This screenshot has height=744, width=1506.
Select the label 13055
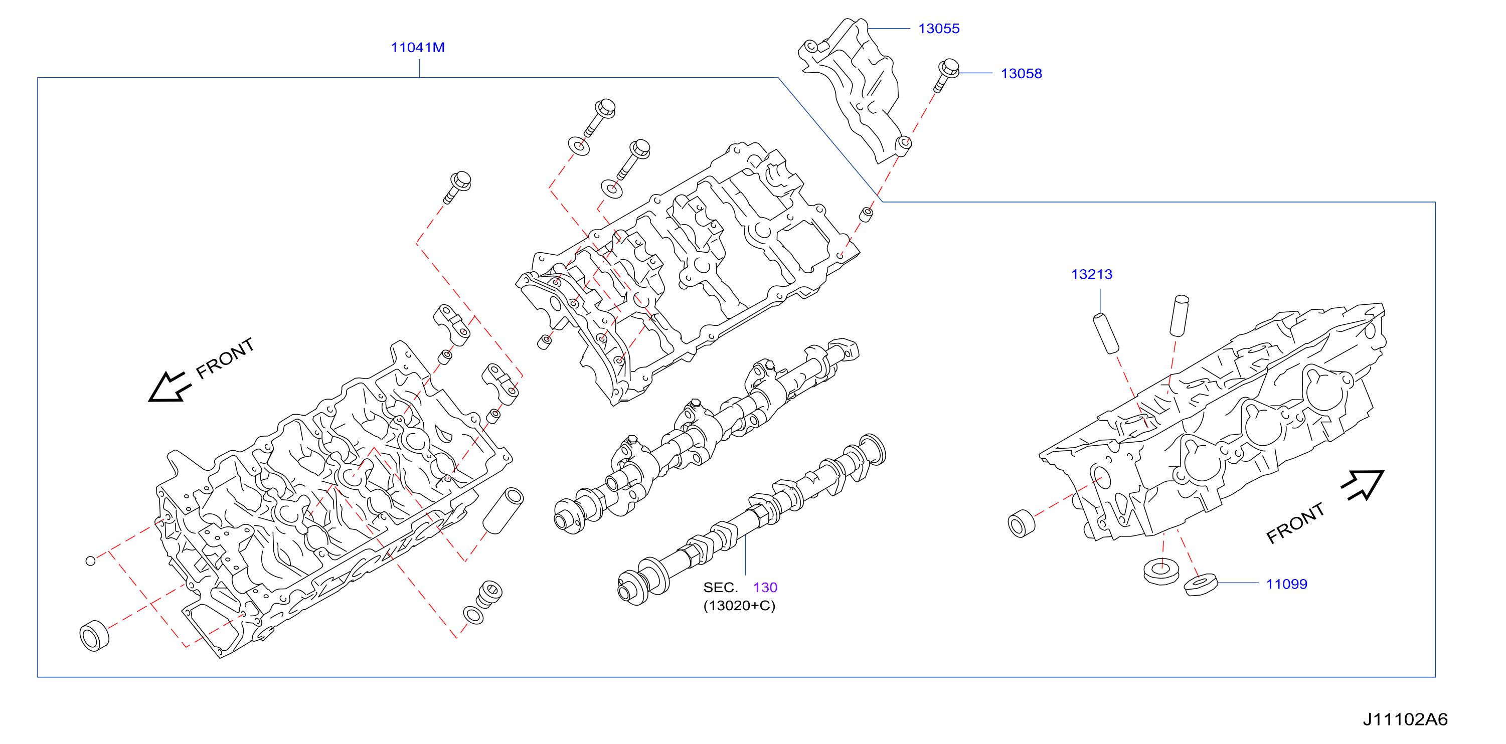[x=939, y=28]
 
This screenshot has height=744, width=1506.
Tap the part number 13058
[x=1022, y=74]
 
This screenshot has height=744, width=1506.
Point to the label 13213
[x=1091, y=274]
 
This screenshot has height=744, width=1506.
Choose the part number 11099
[x=1286, y=584]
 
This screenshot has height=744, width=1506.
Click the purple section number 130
[x=765, y=588]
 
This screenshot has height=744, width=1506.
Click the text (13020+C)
[x=739, y=606]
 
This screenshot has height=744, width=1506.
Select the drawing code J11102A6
[x=1405, y=719]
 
